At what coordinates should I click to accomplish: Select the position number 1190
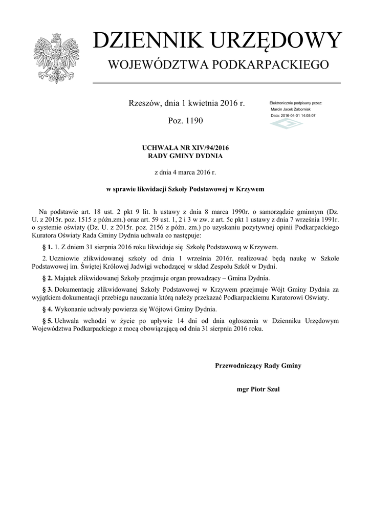click(192, 121)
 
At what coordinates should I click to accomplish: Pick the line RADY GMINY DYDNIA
click(185, 156)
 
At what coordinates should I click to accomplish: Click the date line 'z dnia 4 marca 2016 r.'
click(185, 172)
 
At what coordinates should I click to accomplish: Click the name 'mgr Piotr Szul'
click(258, 388)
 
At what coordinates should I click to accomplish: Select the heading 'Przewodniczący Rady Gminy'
click(258, 365)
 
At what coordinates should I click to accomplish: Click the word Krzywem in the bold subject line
click(249, 189)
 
